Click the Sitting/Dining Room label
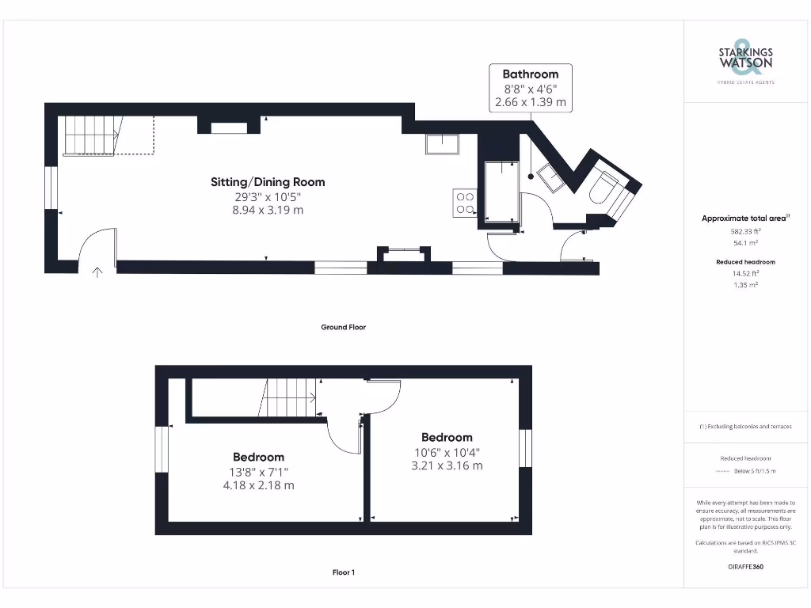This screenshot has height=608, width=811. click(x=267, y=182)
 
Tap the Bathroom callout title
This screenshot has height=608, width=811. click(x=530, y=74)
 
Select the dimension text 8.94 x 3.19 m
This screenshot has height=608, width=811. click(x=267, y=211)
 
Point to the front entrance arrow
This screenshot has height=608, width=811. click(x=97, y=273)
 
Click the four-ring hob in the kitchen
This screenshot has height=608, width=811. click(x=465, y=203)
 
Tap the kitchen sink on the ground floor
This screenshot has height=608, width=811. click(x=444, y=144)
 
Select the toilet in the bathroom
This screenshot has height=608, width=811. click(x=606, y=188)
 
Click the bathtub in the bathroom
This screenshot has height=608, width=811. click(x=499, y=192)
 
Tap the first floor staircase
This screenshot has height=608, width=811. click(x=289, y=397)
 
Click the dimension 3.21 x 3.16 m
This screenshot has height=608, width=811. click(x=447, y=466)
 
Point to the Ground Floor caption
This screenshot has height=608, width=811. click(x=343, y=327)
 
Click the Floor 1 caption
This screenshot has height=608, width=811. click(x=343, y=572)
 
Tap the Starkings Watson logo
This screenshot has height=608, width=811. click(x=745, y=60)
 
